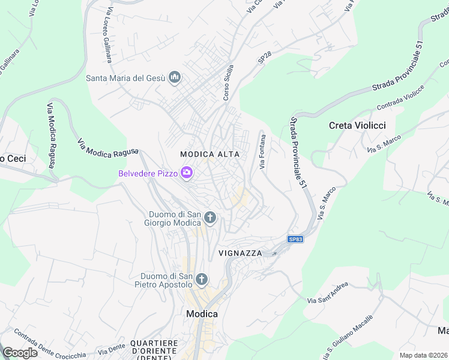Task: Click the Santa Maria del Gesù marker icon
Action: [175, 77]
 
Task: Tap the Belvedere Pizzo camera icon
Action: [187, 173]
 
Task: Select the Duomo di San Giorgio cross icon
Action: [209, 217]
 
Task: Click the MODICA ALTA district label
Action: [210, 154]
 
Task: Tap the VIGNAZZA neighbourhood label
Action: [240, 253]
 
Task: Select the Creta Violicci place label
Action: [357, 125]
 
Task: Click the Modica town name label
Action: [202, 314]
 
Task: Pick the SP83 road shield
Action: [295, 239]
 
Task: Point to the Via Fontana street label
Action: [262, 152]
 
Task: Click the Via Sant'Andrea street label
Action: [327, 292]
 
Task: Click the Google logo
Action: [19, 353]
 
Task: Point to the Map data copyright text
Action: [423, 355]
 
